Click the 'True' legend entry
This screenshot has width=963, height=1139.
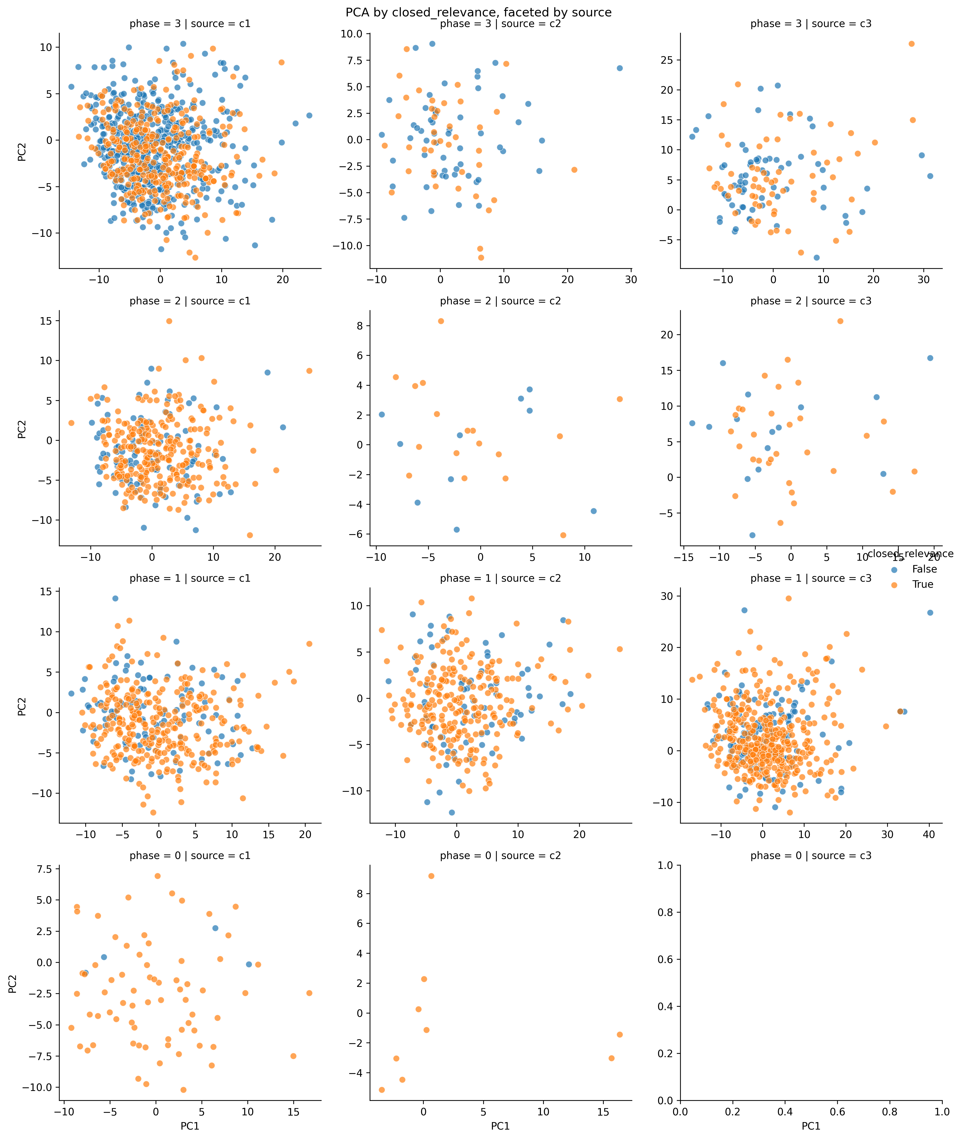[923, 584]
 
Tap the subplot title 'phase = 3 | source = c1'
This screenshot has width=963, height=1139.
[190, 24]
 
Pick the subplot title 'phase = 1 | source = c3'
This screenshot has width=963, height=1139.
[811, 578]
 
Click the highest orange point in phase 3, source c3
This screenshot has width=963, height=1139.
[911, 44]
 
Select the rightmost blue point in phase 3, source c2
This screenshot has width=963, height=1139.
[620, 68]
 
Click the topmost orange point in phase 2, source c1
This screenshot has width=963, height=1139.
[169, 321]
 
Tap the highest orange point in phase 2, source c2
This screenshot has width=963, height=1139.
[441, 321]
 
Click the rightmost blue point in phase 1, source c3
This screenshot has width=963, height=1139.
[930, 613]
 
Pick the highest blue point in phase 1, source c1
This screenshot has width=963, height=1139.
[115, 598]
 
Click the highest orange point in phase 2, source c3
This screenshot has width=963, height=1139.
[840, 321]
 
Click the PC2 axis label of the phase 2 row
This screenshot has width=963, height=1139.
[22, 428]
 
